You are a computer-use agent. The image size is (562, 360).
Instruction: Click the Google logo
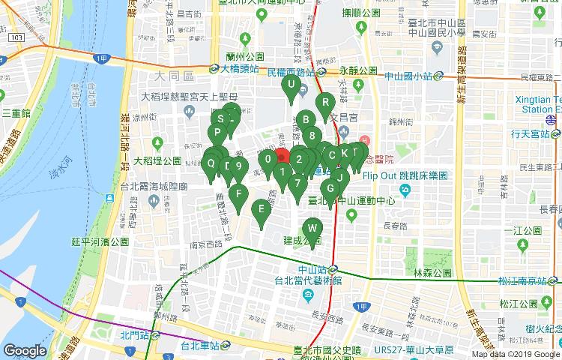pos(25,350)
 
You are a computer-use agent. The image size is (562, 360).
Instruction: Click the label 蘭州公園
pos(244,56)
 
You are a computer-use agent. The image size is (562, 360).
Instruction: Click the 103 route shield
pos(15,36)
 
